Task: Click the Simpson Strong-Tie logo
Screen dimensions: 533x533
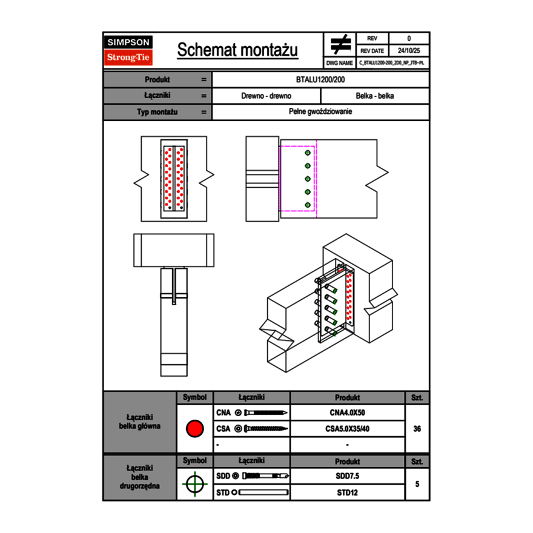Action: click(x=128, y=50)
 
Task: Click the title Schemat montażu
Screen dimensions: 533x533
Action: click(x=237, y=50)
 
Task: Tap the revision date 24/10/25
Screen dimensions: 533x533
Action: click(x=409, y=51)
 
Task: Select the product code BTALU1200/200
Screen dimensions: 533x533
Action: click(x=321, y=79)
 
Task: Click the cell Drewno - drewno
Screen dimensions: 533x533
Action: click(x=266, y=96)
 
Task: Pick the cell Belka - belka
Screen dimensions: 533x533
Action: click(x=375, y=96)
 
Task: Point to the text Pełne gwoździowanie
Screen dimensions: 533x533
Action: click(x=321, y=112)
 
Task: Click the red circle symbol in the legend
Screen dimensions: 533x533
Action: click(x=194, y=429)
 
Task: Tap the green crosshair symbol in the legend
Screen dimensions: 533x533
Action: click(x=194, y=484)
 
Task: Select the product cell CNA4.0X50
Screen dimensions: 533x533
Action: click(x=347, y=412)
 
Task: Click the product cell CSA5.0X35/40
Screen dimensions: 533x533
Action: click(x=347, y=429)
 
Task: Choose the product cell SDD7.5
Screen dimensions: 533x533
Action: click(x=347, y=476)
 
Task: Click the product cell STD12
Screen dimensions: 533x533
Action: click(x=347, y=492)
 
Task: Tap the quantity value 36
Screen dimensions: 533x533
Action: click(x=417, y=429)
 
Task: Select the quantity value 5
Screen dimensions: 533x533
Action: click(x=417, y=484)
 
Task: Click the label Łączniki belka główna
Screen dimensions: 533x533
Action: click(x=140, y=422)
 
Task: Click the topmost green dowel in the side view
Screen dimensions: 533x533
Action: click(x=308, y=153)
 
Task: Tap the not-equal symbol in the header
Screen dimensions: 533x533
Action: click(x=340, y=45)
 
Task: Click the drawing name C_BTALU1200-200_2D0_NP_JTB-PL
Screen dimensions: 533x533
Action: click(x=391, y=62)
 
